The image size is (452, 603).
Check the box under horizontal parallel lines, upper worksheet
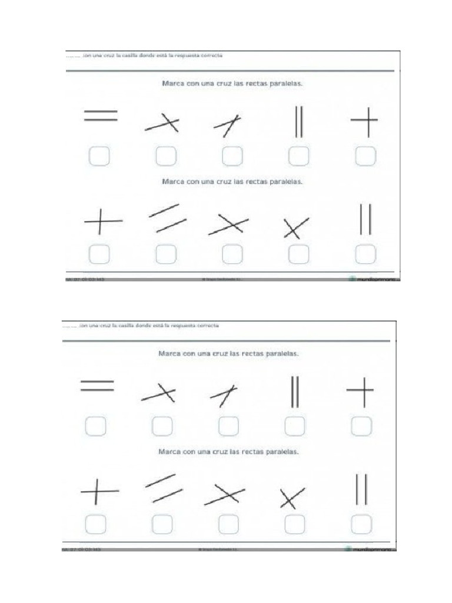click(100, 157)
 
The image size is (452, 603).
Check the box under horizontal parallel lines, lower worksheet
click(96, 426)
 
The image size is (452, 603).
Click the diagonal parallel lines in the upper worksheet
click(168, 218)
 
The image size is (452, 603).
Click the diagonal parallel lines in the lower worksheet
click(164, 488)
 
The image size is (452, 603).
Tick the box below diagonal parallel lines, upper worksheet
click(167, 254)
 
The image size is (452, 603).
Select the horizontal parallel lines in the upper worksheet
click(101, 116)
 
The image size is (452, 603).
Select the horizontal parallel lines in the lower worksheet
click(97, 386)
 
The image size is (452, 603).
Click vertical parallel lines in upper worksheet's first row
click(298, 122)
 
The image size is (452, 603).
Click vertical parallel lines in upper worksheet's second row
click(365, 220)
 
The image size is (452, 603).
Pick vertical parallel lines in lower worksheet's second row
click(361, 489)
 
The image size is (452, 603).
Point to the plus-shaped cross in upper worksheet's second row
click(102, 222)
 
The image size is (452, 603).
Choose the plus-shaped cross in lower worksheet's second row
click(98, 491)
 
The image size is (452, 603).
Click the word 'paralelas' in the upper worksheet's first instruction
click(284, 84)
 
